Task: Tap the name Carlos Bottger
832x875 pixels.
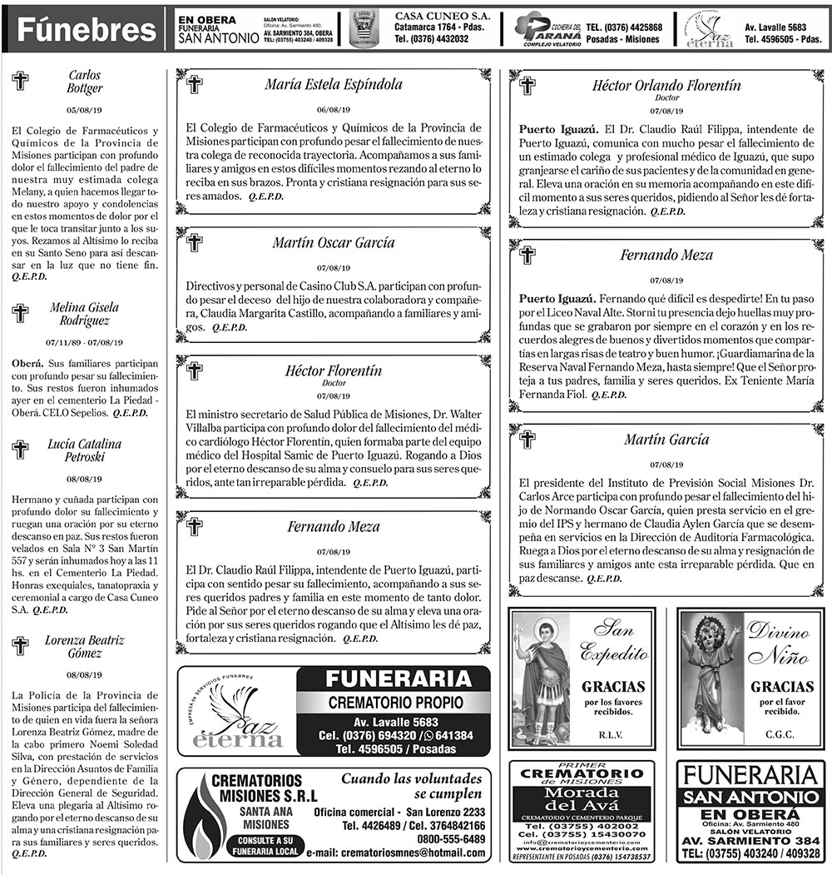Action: (x=84, y=82)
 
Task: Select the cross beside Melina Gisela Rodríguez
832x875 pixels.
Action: (x=20, y=314)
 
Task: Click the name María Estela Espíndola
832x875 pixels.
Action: (x=333, y=84)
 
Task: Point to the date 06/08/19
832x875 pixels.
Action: (x=333, y=110)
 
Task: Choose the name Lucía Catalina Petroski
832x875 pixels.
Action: (x=84, y=450)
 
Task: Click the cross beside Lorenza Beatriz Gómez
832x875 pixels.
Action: (x=20, y=646)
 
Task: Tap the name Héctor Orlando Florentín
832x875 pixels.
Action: (x=666, y=85)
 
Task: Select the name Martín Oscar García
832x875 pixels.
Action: (x=333, y=243)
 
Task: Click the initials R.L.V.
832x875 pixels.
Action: (x=615, y=734)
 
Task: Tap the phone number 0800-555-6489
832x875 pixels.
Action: (x=452, y=838)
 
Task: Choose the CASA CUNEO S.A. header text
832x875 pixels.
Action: (x=442, y=16)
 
